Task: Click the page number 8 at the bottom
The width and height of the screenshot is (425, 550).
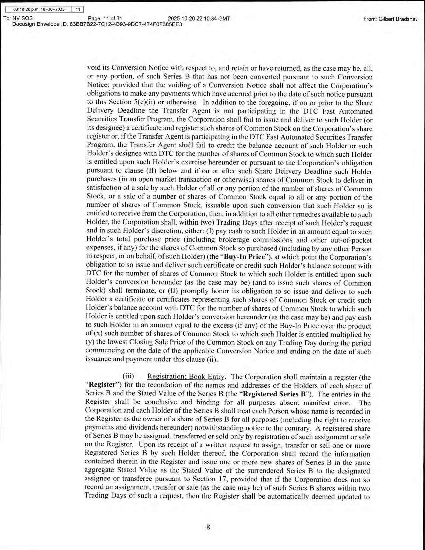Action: tap(208, 527)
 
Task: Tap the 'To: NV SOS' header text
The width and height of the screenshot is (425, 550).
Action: tap(18, 19)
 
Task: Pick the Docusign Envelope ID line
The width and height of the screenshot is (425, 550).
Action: tap(97, 24)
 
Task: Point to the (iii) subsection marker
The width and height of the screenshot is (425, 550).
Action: tap(128, 377)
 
